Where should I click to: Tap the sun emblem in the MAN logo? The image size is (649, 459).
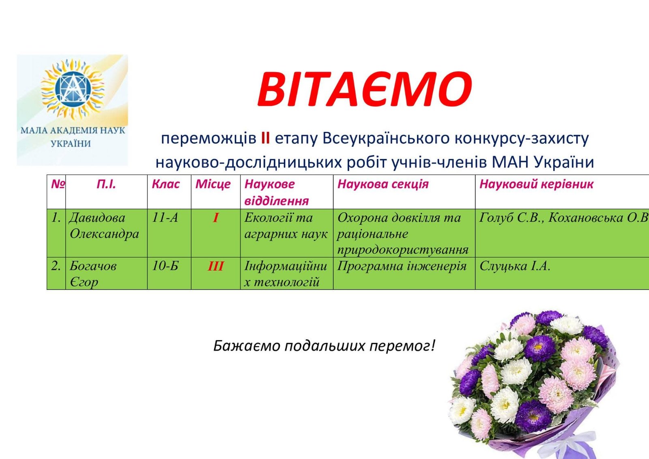[x=73, y=88]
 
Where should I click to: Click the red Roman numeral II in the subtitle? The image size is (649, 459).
[x=265, y=138]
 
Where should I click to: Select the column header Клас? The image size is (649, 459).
[x=165, y=184]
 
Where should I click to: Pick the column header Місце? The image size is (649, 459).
[x=213, y=184]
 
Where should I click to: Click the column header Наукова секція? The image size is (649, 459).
[x=383, y=184]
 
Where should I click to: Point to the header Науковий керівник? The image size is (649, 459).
[x=536, y=184]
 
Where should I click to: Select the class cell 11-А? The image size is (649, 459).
[x=165, y=218]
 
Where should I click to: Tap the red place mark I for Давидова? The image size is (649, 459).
[x=215, y=218]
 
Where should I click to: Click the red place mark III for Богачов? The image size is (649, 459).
[x=215, y=267]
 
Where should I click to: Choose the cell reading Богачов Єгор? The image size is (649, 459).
[x=93, y=274]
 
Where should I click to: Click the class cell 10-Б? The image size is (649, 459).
[x=165, y=266]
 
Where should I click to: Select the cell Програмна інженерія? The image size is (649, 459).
[x=402, y=266]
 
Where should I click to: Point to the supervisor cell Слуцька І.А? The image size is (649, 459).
[x=514, y=266]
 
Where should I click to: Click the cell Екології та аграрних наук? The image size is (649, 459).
[x=286, y=226]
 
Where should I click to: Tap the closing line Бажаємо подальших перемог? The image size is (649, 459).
[x=324, y=346]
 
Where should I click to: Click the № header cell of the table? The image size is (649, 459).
[x=58, y=184]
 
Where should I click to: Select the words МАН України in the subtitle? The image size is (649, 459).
[x=543, y=162]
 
